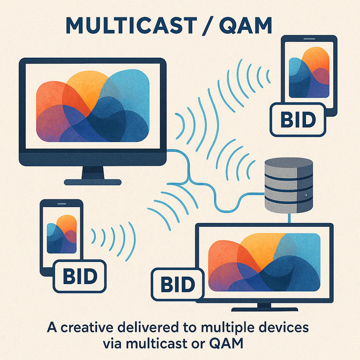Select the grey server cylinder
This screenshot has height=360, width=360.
(289, 185)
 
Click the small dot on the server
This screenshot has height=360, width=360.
(306, 195)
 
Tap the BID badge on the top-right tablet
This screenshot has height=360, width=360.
(298, 120)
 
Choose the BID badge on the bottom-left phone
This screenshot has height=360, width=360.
(80, 276)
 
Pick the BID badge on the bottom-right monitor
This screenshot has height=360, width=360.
(178, 284)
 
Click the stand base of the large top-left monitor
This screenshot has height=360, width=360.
(92, 182)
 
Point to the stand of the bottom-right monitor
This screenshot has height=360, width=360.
(264, 307)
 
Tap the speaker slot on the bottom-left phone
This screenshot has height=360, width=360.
(61, 203)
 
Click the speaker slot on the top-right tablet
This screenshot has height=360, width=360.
(309, 39)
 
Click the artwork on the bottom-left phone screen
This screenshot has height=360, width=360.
(61, 234)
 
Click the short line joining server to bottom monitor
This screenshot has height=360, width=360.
(289, 218)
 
